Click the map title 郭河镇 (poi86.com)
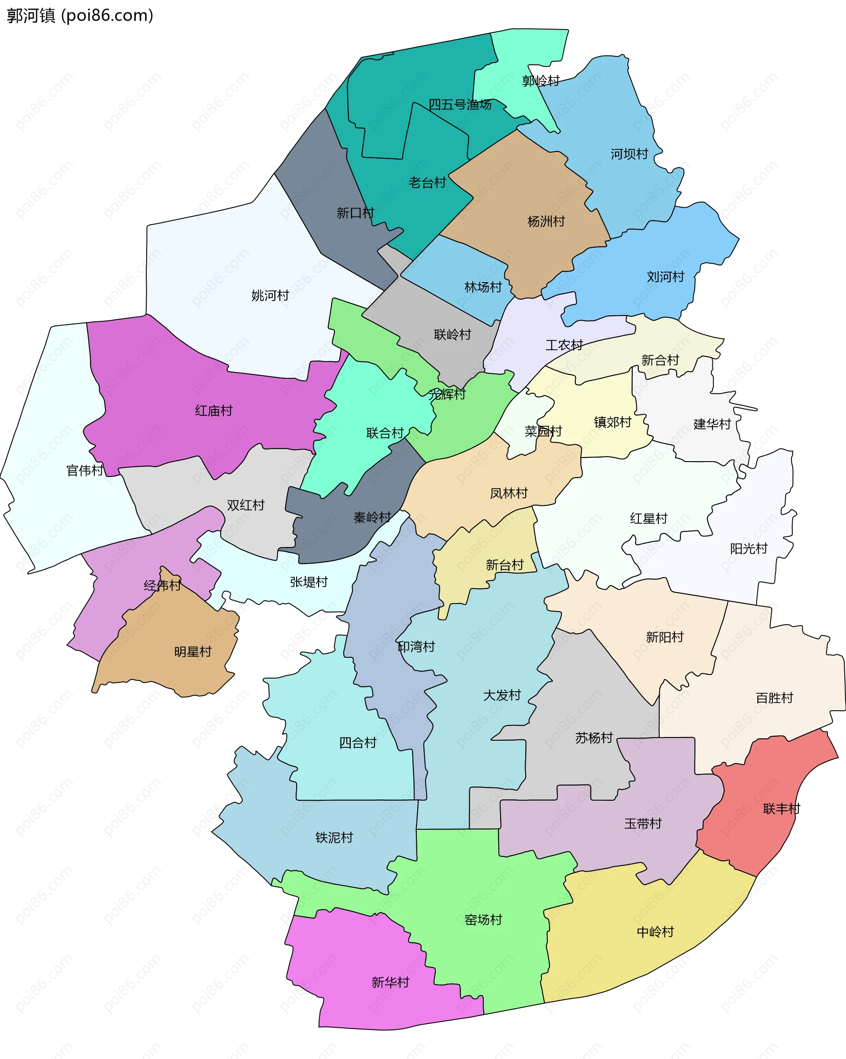click(80, 16)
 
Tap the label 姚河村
click(270, 295)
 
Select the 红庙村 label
click(214, 410)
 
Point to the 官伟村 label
click(85, 470)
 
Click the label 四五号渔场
click(460, 104)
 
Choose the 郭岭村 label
click(541, 81)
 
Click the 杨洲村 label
click(545, 221)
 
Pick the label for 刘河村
click(665, 276)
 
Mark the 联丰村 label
click(781, 809)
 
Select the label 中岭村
click(655, 932)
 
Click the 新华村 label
click(390, 982)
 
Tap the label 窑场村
click(483, 920)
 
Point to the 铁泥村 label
click(334, 837)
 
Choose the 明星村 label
click(193, 651)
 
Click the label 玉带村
click(643, 823)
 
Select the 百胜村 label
click(774, 697)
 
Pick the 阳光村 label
click(748, 548)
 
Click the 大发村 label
click(502, 695)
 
